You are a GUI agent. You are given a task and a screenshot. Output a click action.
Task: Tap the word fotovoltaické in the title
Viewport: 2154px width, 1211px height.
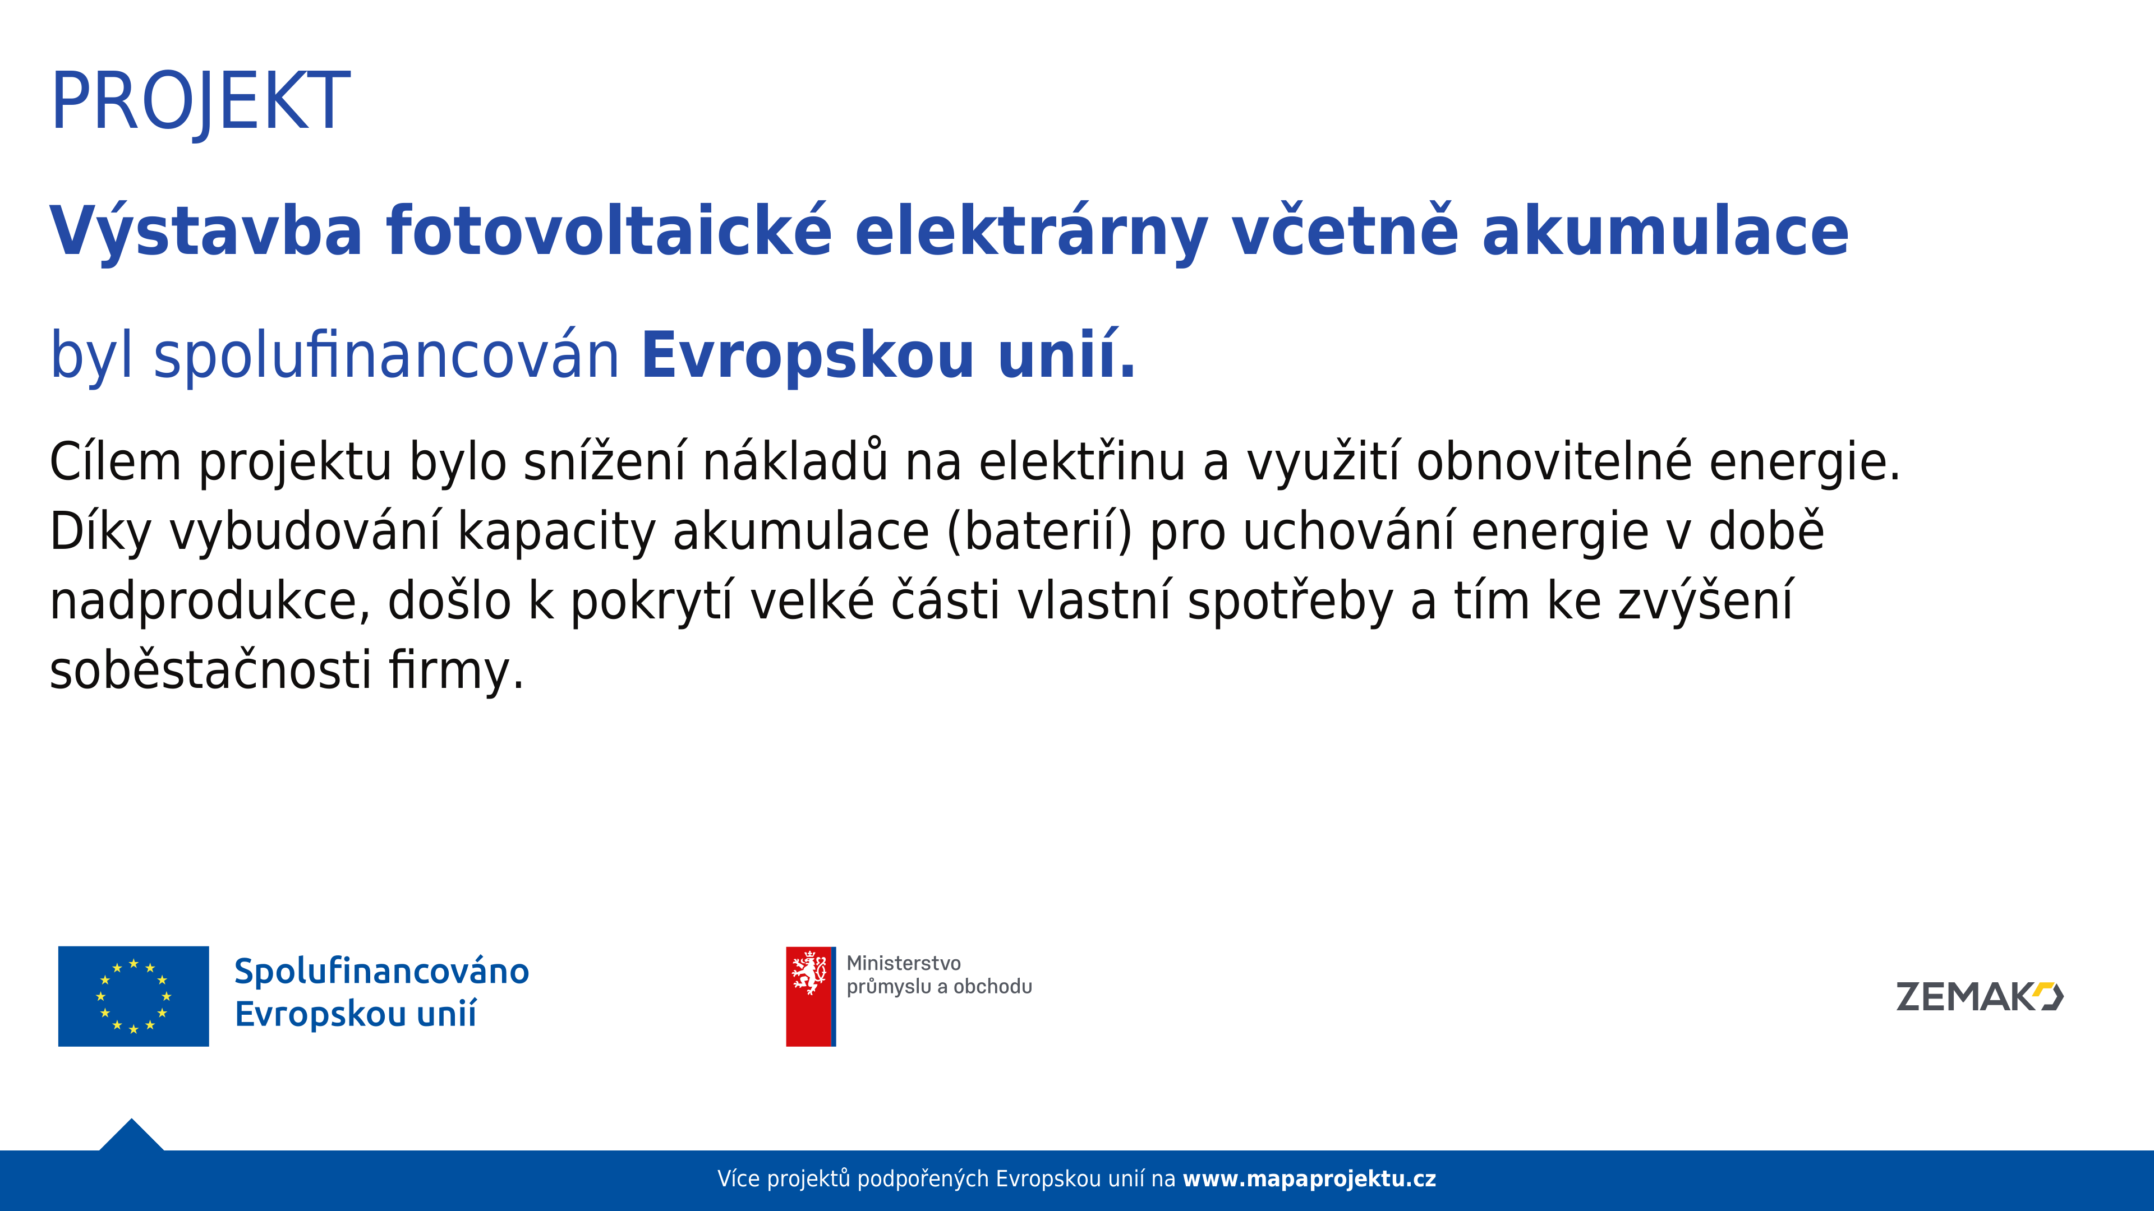click(609, 230)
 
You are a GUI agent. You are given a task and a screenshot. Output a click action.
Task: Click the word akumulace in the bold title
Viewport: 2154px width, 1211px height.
click(1665, 230)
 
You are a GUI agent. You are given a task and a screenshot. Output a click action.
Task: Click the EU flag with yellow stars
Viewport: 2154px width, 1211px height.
click(134, 996)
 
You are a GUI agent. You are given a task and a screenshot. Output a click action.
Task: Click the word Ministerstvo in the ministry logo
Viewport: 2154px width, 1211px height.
click(904, 964)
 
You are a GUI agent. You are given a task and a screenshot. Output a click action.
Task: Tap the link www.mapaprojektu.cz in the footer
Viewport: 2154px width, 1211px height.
click(1309, 1179)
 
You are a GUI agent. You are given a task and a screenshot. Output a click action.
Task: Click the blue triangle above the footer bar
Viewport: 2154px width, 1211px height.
click(131, 1136)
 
